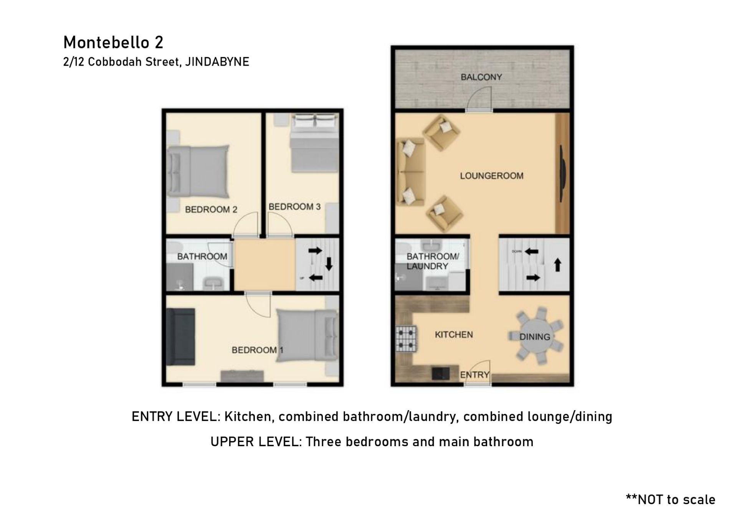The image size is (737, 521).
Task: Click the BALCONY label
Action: [x=481, y=77]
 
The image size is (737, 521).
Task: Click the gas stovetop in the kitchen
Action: [x=406, y=338]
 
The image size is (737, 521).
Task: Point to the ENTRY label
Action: [x=474, y=375]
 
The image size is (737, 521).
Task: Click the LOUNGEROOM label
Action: [x=492, y=176]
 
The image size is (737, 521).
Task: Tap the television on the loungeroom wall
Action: [x=563, y=173]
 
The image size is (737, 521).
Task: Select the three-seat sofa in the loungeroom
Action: [x=410, y=173]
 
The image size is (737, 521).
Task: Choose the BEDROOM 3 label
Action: [x=294, y=207]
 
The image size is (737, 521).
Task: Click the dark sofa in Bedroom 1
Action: [x=180, y=336]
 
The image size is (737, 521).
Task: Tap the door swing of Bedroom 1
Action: [x=258, y=305]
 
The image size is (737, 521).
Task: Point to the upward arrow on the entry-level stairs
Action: [x=558, y=265]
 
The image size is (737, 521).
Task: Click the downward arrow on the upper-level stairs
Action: [x=329, y=264]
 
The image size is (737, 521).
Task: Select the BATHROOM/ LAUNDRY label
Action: [x=432, y=261]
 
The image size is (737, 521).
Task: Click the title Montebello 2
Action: [x=113, y=42]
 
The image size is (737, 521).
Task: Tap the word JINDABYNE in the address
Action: [x=217, y=62]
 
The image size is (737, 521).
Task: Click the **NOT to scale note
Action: [x=671, y=499]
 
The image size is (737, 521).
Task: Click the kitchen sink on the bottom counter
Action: [x=441, y=374]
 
